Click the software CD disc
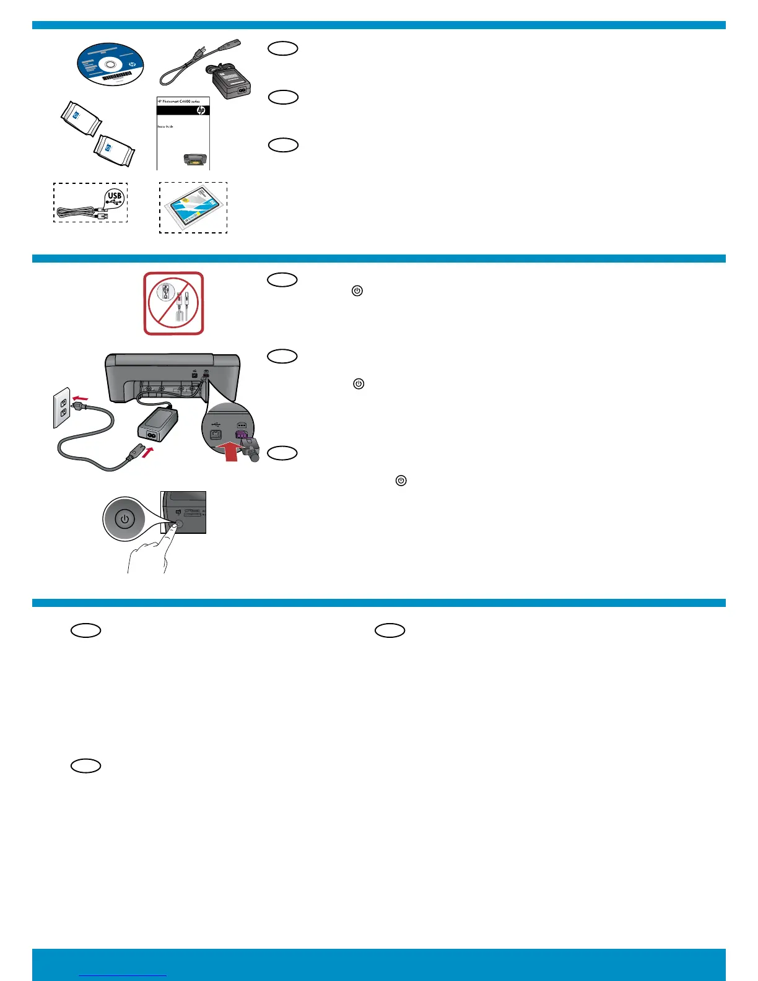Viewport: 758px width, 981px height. coord(110,64)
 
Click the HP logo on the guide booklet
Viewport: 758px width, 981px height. coord(201,110)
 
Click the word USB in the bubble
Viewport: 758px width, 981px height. coord(115,196)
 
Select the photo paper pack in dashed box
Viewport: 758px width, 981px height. coord(193,207)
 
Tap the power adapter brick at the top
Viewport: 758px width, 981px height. coord(232,81)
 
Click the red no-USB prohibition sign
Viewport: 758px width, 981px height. coord(174,303)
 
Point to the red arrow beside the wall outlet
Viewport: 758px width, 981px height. coord(81,396)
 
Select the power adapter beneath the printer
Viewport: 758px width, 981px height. coord(157,425)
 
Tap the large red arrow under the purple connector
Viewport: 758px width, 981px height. coord(230,450)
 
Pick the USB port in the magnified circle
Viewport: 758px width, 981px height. coord(216,434)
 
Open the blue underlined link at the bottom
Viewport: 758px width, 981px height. coord(123,975)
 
